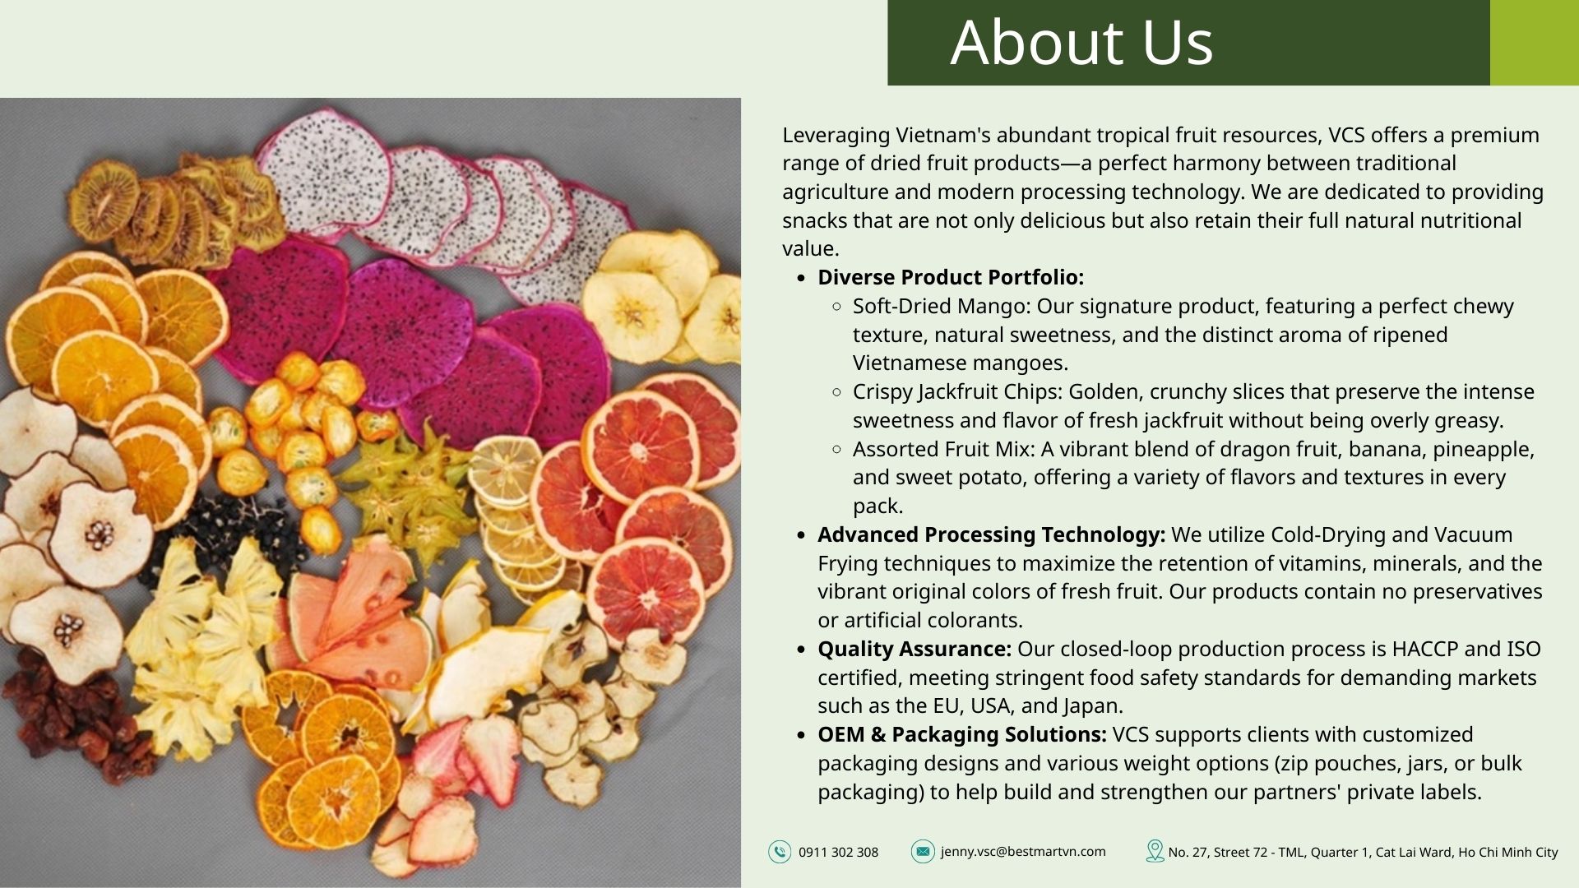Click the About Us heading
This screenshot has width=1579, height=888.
point(1081,42)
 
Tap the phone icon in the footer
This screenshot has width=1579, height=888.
point(780,852)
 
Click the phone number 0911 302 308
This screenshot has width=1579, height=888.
point(838,853)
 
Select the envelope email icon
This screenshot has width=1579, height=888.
point(923,852)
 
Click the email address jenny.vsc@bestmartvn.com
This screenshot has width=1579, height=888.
point(1023,852)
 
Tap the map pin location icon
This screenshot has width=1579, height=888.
point(1155,851)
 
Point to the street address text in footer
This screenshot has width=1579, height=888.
point(1363,853)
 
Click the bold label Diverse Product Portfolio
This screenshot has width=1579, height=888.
point(951,278)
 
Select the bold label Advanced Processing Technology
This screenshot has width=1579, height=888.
point(991,535)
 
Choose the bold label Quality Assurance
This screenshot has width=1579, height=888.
point(915,650)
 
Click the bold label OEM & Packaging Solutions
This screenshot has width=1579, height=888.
point(962,735)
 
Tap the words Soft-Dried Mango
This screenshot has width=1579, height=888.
point(941,307)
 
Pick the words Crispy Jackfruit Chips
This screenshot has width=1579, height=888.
point(956,392)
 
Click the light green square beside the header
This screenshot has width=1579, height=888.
point(1535,43)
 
